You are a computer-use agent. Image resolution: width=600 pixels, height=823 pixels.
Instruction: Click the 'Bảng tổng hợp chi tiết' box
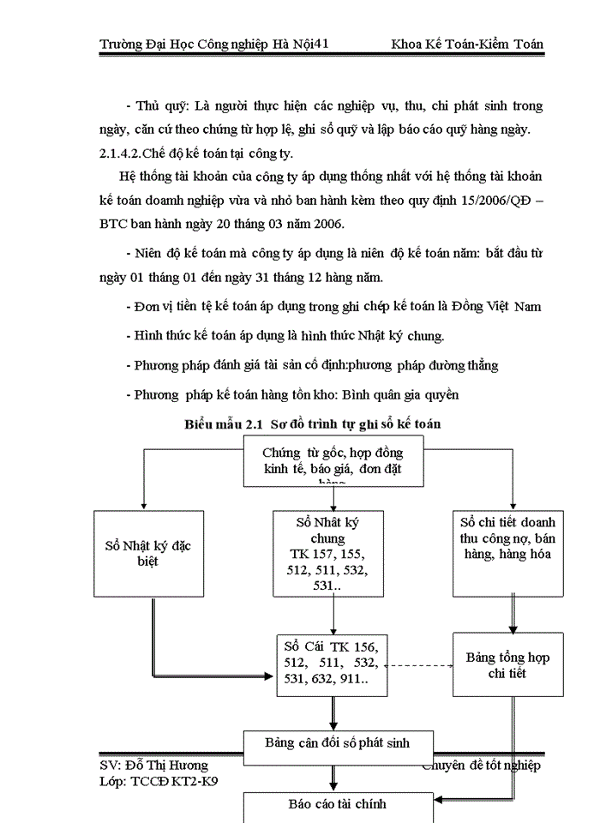(507, 665)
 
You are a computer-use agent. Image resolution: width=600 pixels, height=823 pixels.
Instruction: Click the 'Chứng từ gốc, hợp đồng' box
(333, 463)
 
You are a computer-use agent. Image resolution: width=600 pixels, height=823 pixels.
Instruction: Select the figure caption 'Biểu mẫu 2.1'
(223, 424)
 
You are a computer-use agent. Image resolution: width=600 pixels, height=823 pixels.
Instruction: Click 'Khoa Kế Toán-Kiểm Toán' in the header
(466, 44)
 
